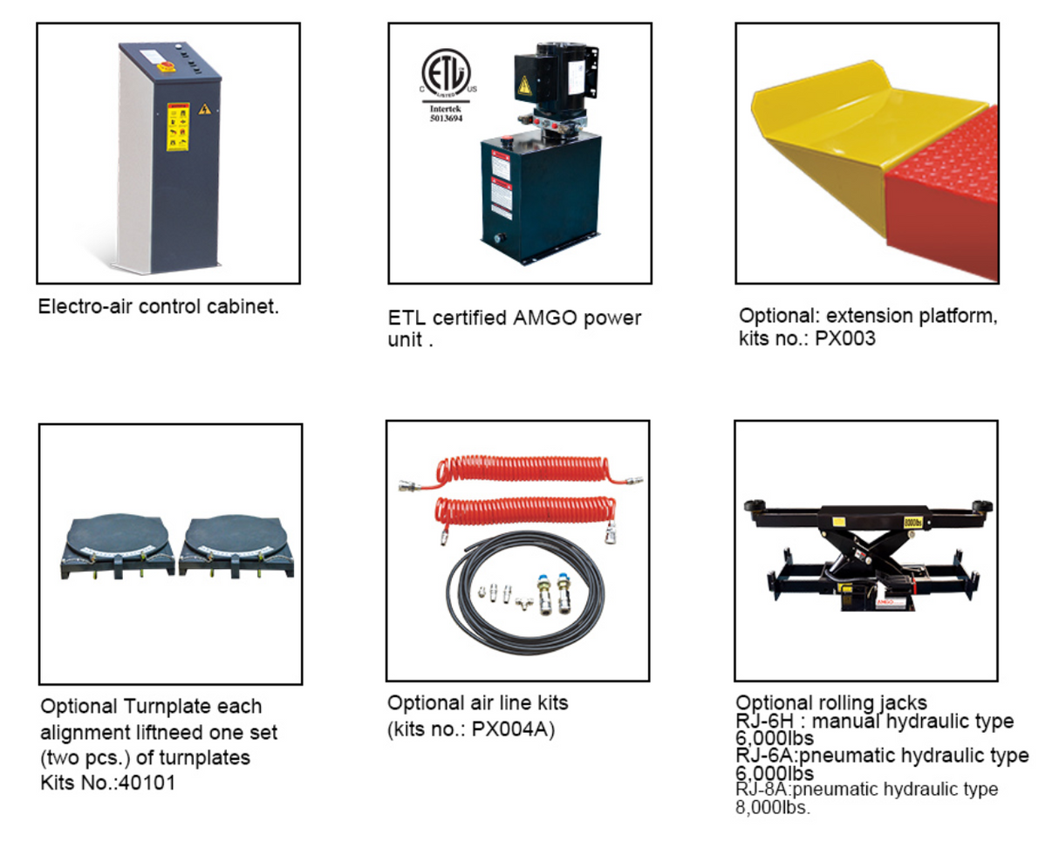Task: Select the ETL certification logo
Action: pos(446,71)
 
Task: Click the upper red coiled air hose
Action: pos(515,476)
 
